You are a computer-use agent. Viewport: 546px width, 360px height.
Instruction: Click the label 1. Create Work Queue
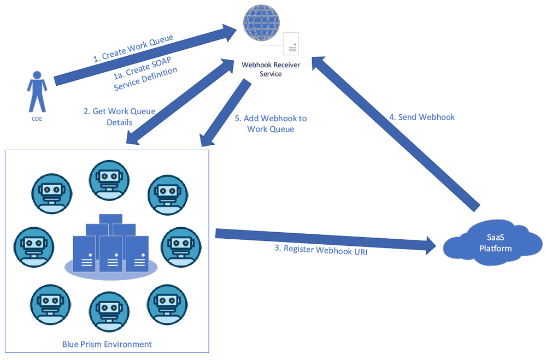(x=133, y=48)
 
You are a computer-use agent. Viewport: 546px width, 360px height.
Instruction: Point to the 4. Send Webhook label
(x=421, y=117)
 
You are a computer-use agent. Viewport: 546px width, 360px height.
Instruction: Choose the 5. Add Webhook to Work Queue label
(x=270, y=123)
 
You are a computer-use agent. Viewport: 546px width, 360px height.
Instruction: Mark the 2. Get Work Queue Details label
(x=119, y=116)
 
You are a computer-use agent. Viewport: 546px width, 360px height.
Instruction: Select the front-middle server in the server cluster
(x=111, y=254)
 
